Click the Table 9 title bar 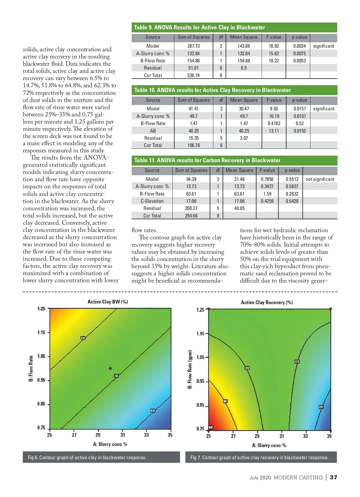point(234,27)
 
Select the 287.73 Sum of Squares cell point(193,46)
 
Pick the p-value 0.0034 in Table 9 point(299,46)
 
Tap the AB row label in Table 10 point(153,131)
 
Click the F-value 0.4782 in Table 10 point(274,123)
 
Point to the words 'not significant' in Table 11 point(320,179)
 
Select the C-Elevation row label point(152,201)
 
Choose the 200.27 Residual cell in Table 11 point(191,208)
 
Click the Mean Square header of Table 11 point(239,170)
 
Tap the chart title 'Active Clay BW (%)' point(108,302)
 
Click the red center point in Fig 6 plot point(110,368)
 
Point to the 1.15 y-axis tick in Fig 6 point(41,332)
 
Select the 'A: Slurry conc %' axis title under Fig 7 point(269,445)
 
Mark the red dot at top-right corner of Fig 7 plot point(331,309)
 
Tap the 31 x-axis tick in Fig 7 point(281,436)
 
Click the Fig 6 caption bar point(101,457)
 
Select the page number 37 point(333,478)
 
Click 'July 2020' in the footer point(260,478)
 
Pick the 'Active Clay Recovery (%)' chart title point(267,302)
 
